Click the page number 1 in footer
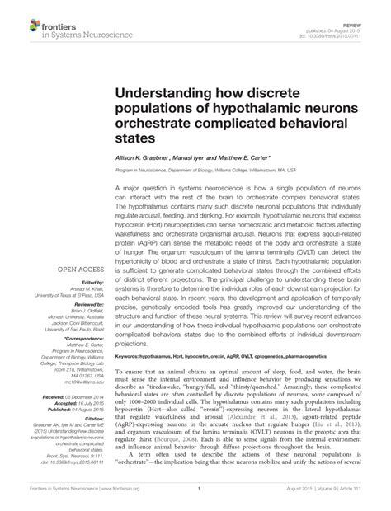click(x=200, y=499)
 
